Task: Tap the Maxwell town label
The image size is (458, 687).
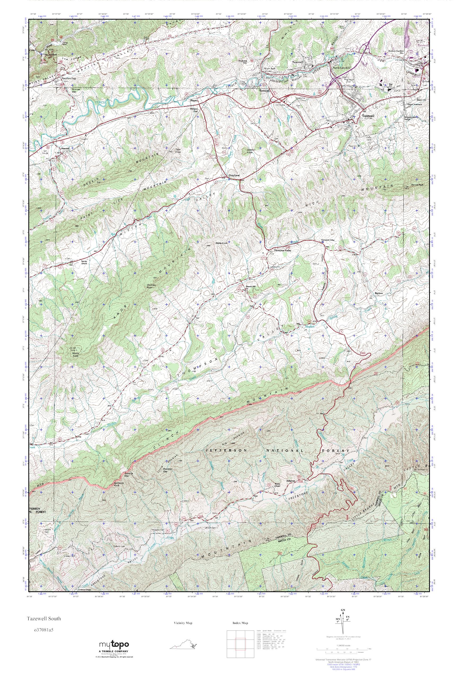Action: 65,148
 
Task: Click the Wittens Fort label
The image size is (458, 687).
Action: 194,110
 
